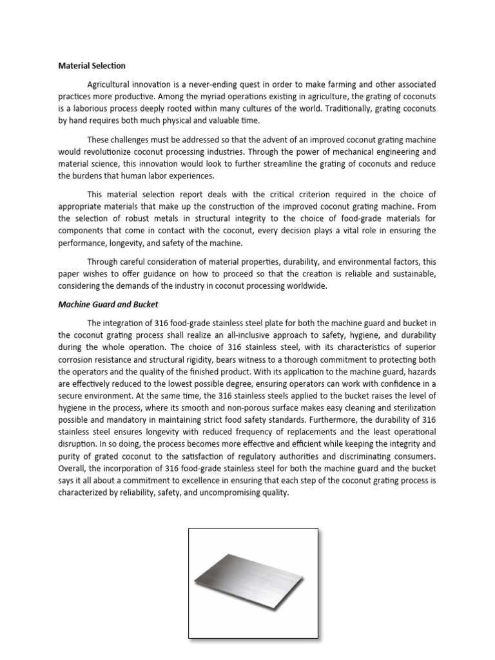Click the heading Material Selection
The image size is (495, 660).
pyautogui.click(x=92, y=66)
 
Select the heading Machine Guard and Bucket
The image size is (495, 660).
pyautogui.click(x=108, y=304)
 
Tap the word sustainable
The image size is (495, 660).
pyautogui.click(x=412, y=274)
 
